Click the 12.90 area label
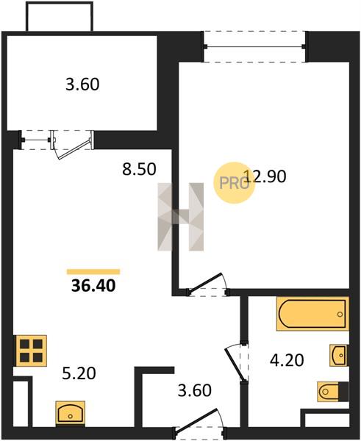point(265,176)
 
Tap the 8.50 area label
point(139,169)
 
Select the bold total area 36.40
point(93,285)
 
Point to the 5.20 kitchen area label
point(79,373)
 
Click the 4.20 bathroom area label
point(287,360)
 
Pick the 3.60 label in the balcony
point(82,84)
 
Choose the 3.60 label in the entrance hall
point(195,390)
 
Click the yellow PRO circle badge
point(234,183)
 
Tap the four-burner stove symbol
point(31,351)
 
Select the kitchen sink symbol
point(71,412)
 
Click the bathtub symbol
point(312,313)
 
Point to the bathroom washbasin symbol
point(339,355)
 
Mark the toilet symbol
point(333,391)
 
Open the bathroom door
point(236,363)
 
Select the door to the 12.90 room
point(207,284)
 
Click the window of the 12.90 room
point(254,46)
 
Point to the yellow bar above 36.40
point(93,272)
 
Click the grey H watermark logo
point(181,217)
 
